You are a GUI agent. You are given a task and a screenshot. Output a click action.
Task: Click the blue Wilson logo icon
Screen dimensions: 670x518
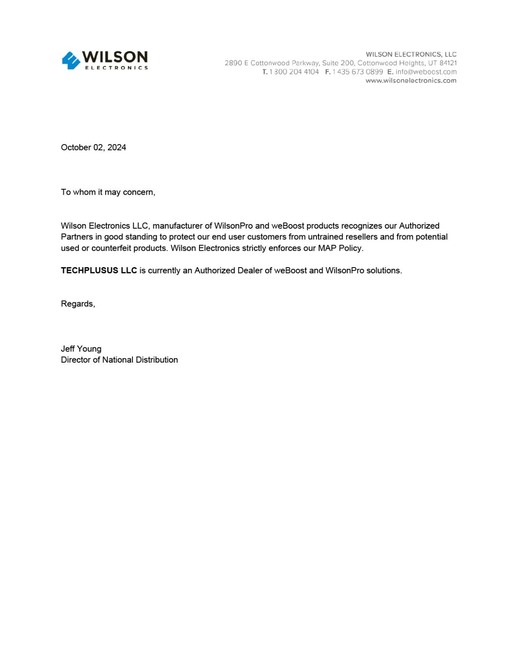point(71,60)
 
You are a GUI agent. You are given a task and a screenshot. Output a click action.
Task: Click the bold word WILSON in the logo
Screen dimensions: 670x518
point(114,57)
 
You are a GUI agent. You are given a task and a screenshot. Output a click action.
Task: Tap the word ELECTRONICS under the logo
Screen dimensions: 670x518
point(117,68)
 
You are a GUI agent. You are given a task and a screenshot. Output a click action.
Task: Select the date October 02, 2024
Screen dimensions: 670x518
point(93,147)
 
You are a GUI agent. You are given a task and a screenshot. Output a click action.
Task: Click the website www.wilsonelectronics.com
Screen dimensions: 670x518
point(411,80)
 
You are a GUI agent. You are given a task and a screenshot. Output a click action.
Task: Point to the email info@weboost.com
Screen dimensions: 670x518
point(426,72)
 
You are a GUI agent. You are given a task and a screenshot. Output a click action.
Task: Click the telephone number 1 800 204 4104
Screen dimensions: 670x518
point(294,72)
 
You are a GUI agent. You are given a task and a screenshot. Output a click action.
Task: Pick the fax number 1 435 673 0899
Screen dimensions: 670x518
point(357,72)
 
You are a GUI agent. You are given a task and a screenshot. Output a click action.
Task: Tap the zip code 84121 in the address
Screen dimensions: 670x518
point(448,63)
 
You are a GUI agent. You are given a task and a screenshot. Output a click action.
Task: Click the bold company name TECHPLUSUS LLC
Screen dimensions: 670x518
point(99,271)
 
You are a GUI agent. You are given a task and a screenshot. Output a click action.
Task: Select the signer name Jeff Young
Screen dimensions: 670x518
point(81,349)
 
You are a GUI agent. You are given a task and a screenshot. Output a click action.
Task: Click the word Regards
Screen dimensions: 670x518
point(77,304)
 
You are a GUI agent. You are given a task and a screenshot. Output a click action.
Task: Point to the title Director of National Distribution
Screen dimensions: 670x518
point(119,360)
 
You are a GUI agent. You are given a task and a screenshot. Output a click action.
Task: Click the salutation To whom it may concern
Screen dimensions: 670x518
point(108,192)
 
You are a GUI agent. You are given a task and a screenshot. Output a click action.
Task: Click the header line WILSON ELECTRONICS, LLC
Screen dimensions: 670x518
point(411,54)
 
